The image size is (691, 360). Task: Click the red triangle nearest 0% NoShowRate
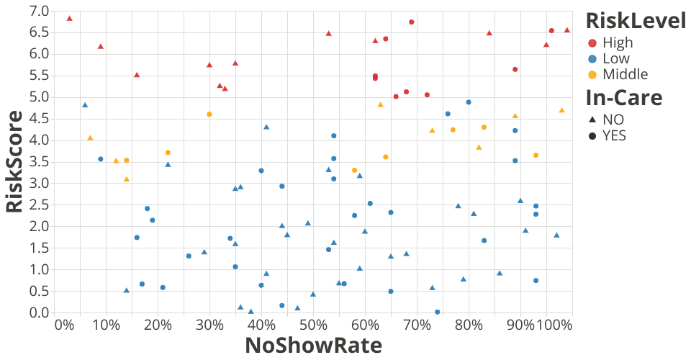[x=69, y=18]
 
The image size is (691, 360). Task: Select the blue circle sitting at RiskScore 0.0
[x=438, y=312]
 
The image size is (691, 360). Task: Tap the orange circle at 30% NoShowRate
[x=209, y=114]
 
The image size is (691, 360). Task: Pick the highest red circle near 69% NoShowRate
[x=411, y=22]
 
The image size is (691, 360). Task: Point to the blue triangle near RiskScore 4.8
[x=85, y=105]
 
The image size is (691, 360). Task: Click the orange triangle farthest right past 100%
[x=561, y=110]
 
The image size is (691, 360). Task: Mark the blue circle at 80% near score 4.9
[x=469, y=102]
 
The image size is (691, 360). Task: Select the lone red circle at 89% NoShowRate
[x=515, y=69]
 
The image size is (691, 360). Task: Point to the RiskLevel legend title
[x=635, y=21]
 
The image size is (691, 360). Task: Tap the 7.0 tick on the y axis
[x=39, y=11]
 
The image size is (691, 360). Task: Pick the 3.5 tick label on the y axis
[x=39, y=161]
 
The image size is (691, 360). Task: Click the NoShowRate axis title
[x=313, y=346]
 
